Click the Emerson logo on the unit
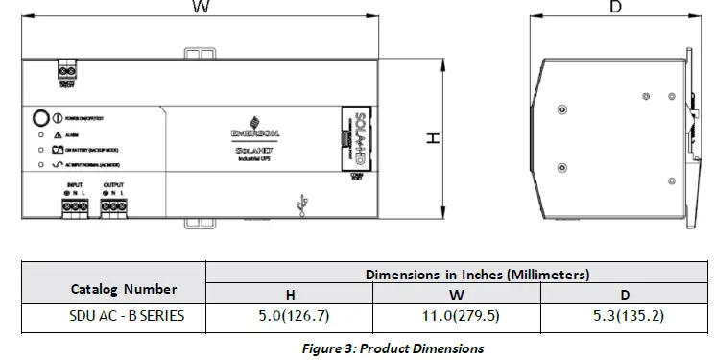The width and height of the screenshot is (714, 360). coord(255,128)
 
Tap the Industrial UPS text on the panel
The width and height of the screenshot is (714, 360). coord(255,157)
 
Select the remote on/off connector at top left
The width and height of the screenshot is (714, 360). coord(67,72)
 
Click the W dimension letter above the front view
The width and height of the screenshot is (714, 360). coord(201,8)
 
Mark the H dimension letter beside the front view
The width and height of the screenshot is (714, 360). coord(433,139)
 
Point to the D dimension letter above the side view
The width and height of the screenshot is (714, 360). coord(615,8)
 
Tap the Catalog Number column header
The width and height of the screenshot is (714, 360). coord(124,288)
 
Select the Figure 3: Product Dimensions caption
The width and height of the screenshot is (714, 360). coord(393,348)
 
